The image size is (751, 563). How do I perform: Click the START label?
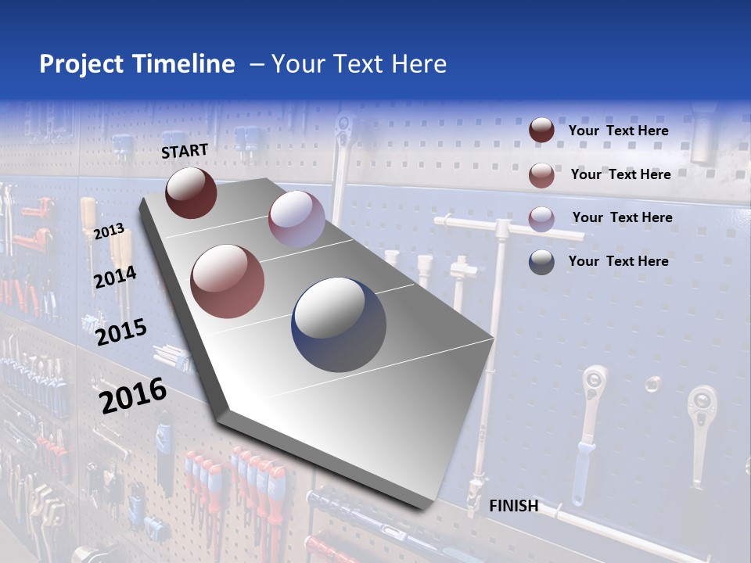[185, 151]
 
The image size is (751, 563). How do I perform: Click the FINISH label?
[513, 506]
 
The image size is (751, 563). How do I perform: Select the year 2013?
[109, 231]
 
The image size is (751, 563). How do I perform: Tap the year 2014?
[115, 278]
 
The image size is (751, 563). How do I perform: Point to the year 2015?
[121, 332]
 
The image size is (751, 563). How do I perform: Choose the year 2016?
[133, 396]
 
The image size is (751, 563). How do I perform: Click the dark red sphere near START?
[191, 192]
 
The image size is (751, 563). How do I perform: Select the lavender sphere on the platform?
[296, 219]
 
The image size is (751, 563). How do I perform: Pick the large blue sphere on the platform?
[339, 324]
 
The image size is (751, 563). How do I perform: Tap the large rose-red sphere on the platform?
[228, 281]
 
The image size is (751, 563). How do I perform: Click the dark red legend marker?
[541, 131]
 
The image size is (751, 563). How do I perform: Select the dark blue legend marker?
[541, 262]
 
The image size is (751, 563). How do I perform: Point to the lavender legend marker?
[541, 218]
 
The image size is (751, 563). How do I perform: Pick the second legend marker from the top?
[541, 174]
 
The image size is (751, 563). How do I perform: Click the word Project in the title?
[81, 64]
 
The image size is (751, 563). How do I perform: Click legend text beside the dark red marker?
[618, 131]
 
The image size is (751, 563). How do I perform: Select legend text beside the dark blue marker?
[618, 261]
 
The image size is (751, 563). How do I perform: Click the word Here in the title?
[419, 64]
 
